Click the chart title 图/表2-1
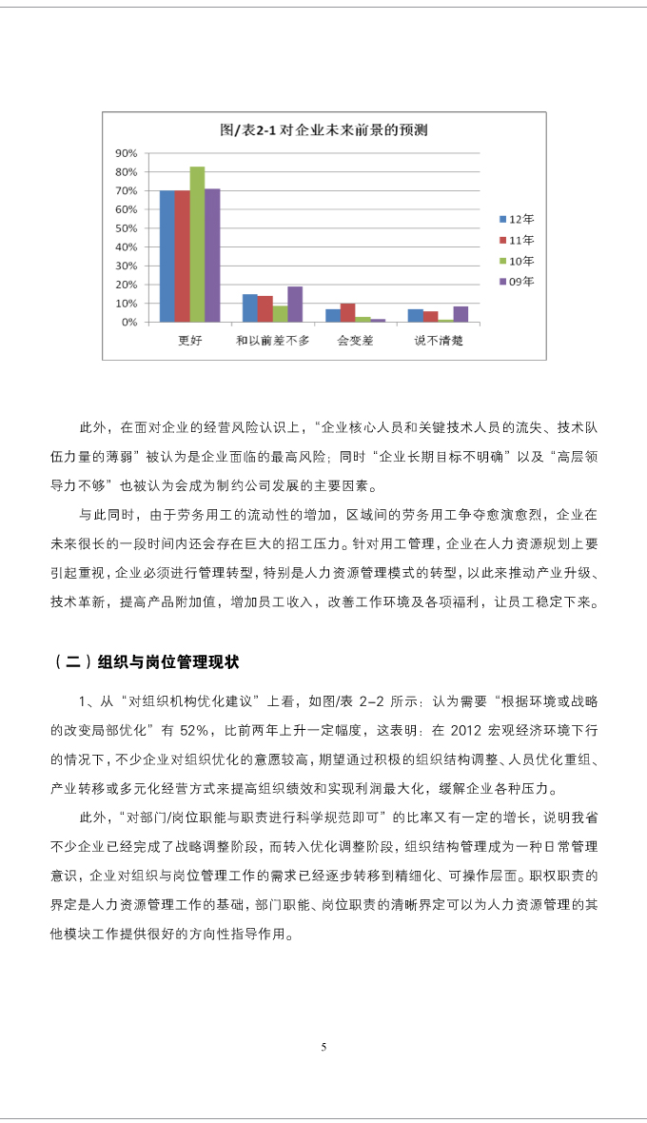coord(323,129)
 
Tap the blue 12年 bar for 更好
coord(167,256)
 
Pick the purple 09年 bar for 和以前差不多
coord(295,305)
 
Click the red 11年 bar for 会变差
coord(347,313)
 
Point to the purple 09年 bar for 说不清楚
coord(461,314)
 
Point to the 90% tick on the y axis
coord(126,153)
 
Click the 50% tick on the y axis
coord(126,228)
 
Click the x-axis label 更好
coord(189,340)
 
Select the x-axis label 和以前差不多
coord(272,340)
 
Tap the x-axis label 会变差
coord(355,340)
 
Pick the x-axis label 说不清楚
coord(438,340)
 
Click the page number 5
coord(323,1047)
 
